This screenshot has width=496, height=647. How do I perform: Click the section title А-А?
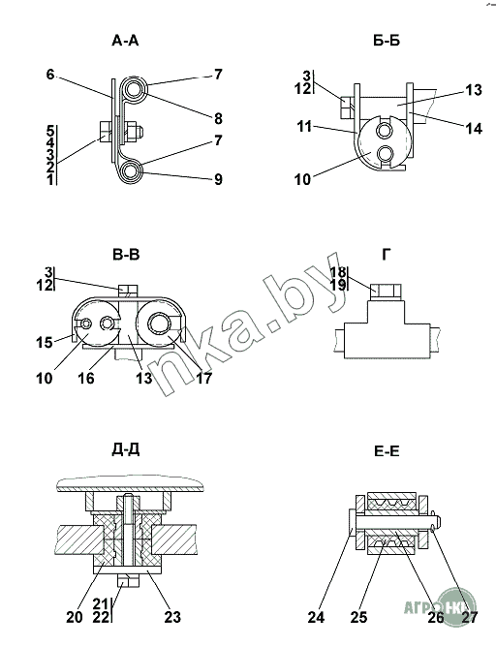(x=125, y=41)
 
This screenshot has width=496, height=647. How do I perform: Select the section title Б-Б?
(x=387, y=41)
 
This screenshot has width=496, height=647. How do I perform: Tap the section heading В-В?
(x=126, y=255)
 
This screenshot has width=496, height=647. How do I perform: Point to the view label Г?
(x=386, y=255)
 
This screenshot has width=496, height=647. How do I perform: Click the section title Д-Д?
(x=125, y=449)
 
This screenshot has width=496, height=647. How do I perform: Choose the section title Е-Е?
(x=387, y=451)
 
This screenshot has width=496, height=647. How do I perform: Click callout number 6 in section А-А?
(x=50, y=75)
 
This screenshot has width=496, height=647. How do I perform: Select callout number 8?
(x=218, y=119)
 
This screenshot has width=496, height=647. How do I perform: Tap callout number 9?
(x=218, y=179)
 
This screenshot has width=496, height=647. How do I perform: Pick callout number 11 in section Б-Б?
(x=304, y=126)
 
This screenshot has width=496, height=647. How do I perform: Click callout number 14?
(x=474, y=129)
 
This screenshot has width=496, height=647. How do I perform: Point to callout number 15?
(x=45, y=342)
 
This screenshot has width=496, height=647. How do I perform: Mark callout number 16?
(x=86, y=378)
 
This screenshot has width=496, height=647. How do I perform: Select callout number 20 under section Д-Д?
(x=75, y=617)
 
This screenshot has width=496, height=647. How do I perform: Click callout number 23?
(x=172, y=617)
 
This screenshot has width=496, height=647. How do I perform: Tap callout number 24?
(x=316, y=617)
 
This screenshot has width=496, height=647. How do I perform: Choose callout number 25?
(x=359, y=617)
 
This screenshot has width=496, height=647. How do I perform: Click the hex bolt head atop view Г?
(x=386, y=291)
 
